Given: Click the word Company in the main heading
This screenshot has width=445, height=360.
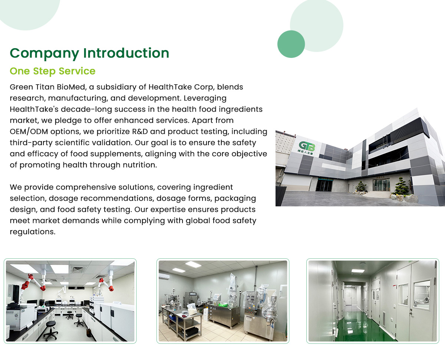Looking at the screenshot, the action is point(44,53).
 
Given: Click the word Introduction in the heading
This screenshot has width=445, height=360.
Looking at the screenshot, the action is point(126,53).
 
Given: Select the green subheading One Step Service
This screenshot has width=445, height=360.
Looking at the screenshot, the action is point(53,71).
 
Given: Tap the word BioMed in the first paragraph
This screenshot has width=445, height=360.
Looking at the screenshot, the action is point(72,87).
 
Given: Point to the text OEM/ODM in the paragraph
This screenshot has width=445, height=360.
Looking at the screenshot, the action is point(29,131).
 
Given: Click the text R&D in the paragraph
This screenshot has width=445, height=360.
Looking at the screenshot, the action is point(140,131).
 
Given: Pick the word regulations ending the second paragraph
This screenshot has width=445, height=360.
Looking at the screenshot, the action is point(33,232).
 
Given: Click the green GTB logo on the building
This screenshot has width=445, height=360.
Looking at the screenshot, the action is point(307,146).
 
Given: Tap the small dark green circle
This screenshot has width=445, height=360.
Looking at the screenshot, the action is point(291,44).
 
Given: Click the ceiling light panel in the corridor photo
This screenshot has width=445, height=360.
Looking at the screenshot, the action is point(358,271).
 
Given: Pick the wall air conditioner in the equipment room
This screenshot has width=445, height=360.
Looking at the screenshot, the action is point(164,276).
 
